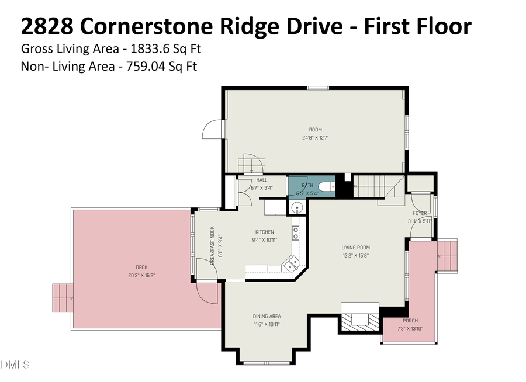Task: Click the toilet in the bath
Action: [329, 186]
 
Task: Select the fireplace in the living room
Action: [356, 319]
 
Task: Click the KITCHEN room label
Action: [264, 232]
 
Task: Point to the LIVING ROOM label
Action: [355, 247]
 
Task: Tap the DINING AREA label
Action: [267, 316]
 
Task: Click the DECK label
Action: [133, 268]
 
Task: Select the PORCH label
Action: [410, 321]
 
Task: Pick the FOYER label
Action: [420, 213]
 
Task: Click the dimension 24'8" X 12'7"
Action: [316, 138]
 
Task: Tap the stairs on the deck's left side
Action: [62, 298]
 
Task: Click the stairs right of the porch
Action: [447, 255]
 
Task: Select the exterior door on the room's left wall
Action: [212, 129]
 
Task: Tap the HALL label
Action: [261, 180]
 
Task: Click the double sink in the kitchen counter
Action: [296, 234]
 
